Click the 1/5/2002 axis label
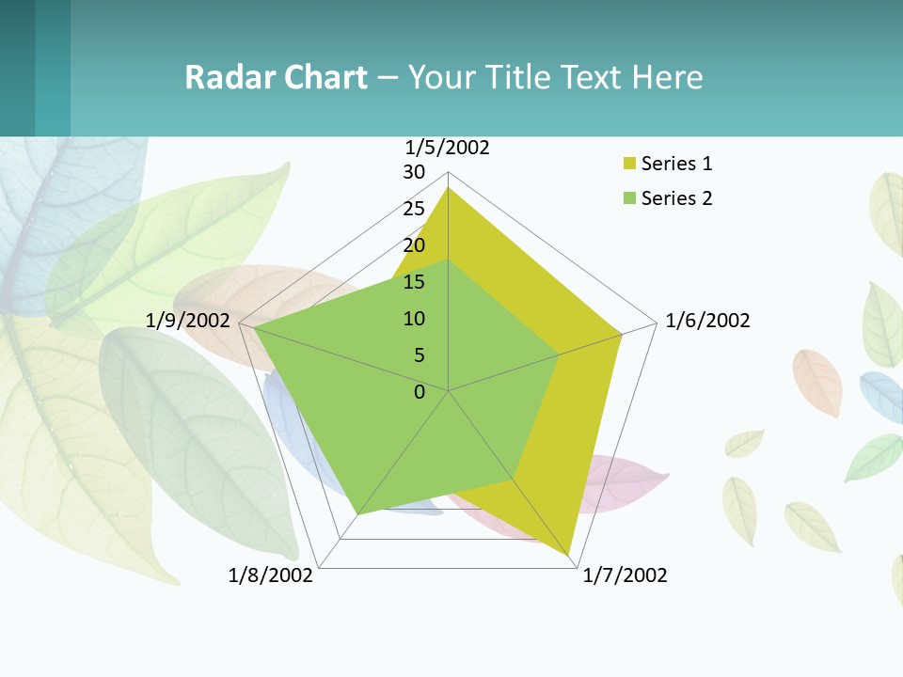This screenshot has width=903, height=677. [x=447, y=148]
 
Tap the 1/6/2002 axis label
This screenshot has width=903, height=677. [x=707, y=321]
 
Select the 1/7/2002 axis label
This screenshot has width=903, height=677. [x=625, y=575]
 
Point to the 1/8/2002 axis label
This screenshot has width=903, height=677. [x=271, y=575]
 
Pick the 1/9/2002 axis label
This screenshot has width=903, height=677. [x=188, y=321]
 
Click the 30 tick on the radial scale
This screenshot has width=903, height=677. [x=414, y=172]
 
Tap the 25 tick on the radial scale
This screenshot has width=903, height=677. [x=414, y=209]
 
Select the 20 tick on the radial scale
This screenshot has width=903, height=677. [x=414, y=245]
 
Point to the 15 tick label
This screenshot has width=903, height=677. [x=414, y=282]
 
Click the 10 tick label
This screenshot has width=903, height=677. [x=414, y=319]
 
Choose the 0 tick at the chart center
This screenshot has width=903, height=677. [x=420, y=392]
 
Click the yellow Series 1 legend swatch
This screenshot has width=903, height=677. [x=629, y=164]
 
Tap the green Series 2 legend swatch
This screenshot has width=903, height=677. [x=629, y=198]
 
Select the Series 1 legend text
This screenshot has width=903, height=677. [x=676, y=164]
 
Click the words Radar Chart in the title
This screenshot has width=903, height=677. [x=276, y=77]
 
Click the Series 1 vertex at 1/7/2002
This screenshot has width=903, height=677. [x=570, y=556]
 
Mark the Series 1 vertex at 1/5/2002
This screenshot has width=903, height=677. [x=448, y=188]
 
